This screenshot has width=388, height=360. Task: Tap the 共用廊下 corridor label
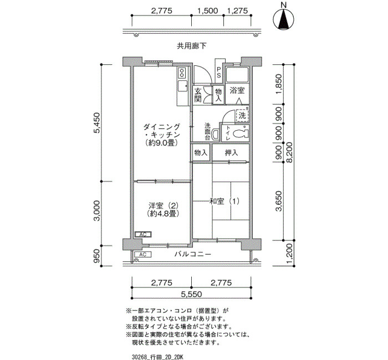191,46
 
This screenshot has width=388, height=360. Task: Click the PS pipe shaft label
219,71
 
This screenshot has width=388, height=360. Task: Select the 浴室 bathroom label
237,90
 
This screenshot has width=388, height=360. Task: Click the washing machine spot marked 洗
242,115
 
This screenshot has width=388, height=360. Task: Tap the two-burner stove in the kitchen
182,73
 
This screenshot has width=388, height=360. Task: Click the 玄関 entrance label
198,95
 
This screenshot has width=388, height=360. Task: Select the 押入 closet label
231,153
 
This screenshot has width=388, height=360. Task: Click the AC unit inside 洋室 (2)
143,234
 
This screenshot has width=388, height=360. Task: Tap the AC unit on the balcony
142,254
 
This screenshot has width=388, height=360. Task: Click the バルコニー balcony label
193,254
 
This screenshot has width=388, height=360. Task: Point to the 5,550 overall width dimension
192,294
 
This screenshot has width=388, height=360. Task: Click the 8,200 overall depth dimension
289,152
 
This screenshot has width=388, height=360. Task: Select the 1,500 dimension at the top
207,11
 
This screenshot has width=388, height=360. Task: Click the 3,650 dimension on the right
279,200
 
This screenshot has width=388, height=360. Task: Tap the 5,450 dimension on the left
97,123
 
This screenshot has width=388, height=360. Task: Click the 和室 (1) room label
224,201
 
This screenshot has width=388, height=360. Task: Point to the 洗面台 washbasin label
207,132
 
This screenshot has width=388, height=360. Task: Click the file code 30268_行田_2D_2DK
157,357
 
